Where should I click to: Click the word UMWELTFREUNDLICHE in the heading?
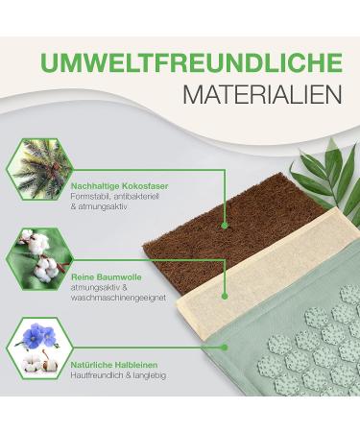coord(191,63)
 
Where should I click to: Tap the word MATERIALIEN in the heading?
coord(262,94)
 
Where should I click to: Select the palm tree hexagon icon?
coord(39,170)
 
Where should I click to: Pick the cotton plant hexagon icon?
coord(39,259)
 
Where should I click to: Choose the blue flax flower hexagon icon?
coord(39,348)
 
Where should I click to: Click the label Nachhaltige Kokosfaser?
coord(119,186)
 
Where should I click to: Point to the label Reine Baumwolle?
coord(107,276)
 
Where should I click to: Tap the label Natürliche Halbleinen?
coord(114,365)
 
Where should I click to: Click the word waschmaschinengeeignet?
coord(118,298)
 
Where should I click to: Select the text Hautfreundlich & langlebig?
coord(118,375)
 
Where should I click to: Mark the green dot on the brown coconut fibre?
coord(225,226)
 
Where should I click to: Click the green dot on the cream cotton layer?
coord(225,297)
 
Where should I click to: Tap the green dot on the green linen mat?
coord(225,348)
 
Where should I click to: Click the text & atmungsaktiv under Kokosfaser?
coord(99,206)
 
